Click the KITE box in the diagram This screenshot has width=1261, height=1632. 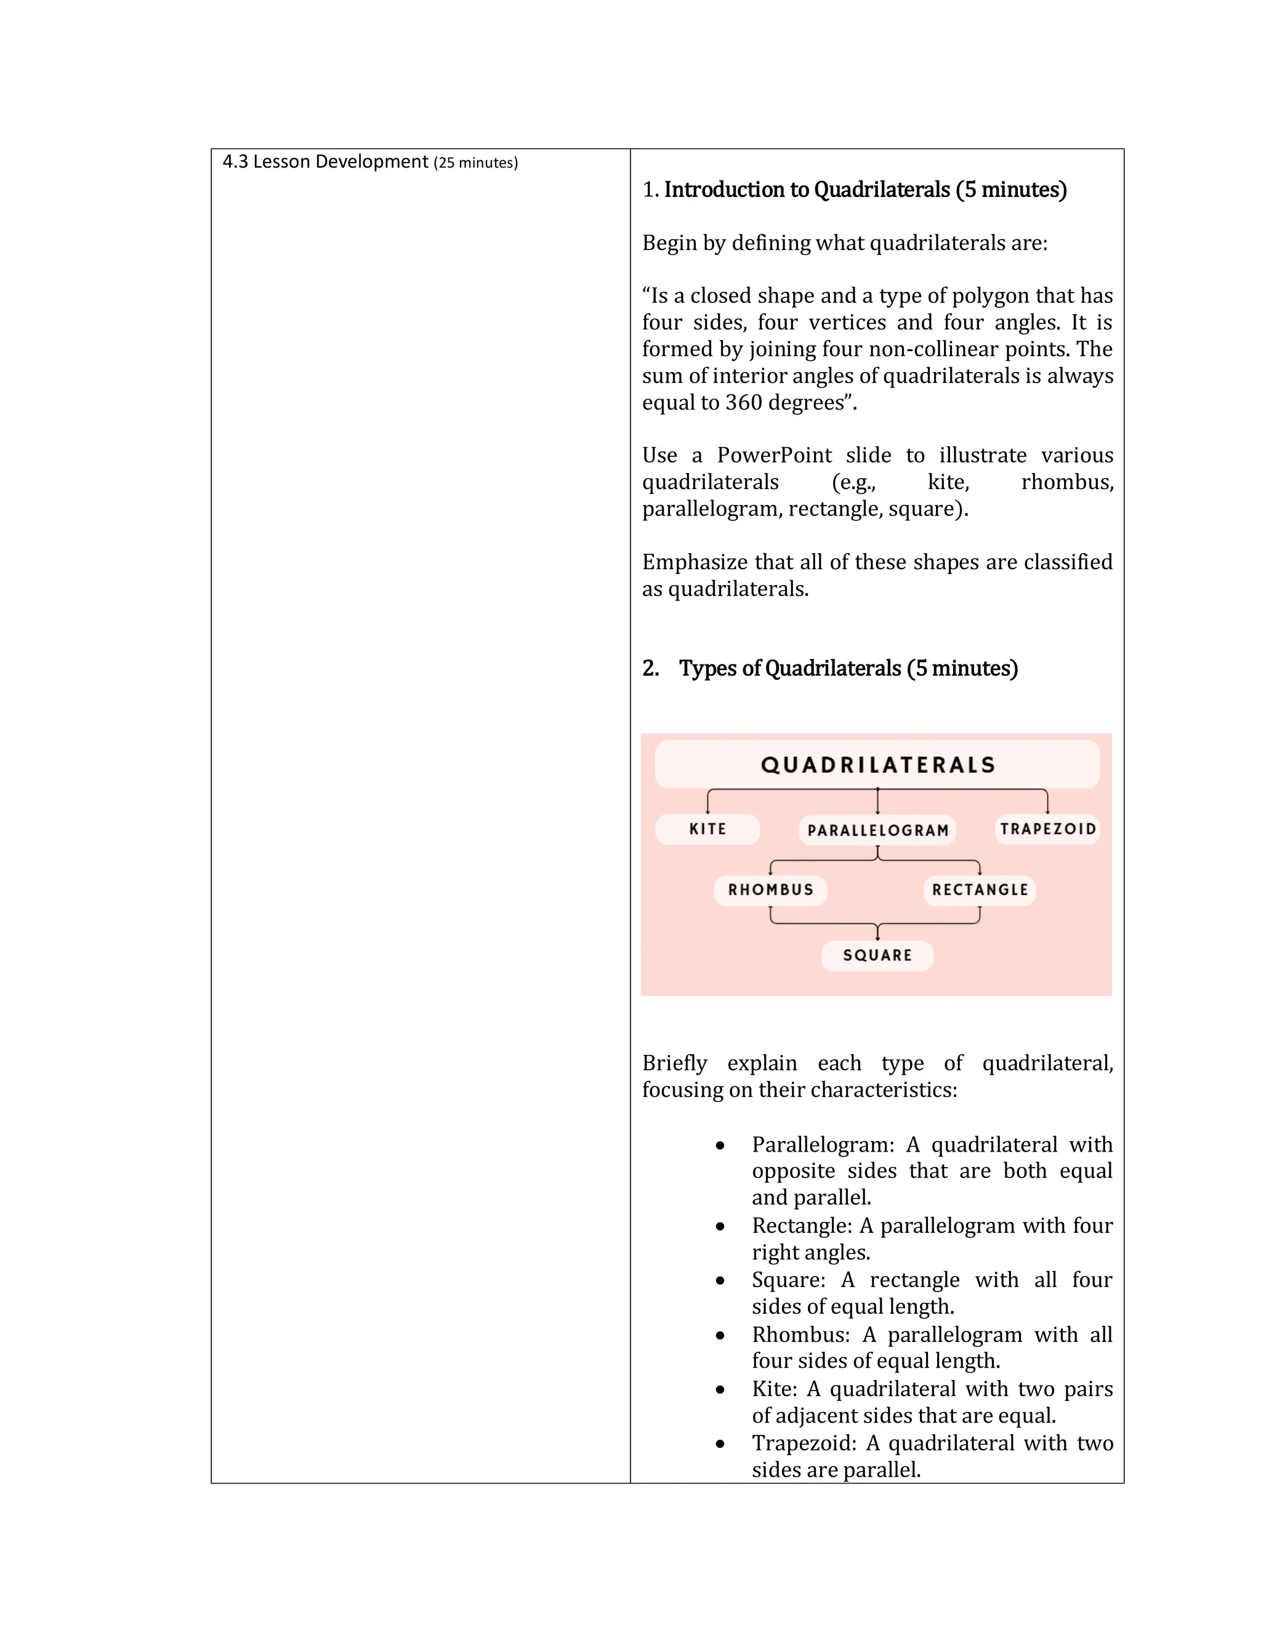[707, 829]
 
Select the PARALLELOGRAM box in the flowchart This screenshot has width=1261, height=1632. [878, 830]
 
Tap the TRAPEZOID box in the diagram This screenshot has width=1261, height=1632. [1047, 829]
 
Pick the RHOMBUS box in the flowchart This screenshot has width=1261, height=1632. [770, 889]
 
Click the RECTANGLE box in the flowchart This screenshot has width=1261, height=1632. [980, 889]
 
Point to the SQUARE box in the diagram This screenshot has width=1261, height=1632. [877, 955]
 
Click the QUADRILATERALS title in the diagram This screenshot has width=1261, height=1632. [878, 764]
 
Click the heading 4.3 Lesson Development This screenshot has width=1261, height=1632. [326, 162]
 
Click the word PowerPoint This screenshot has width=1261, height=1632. [774, 455]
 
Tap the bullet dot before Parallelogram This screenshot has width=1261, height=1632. [720, 1145]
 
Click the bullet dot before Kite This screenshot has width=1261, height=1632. [720, 1390]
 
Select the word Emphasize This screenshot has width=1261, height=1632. [694, 562]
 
